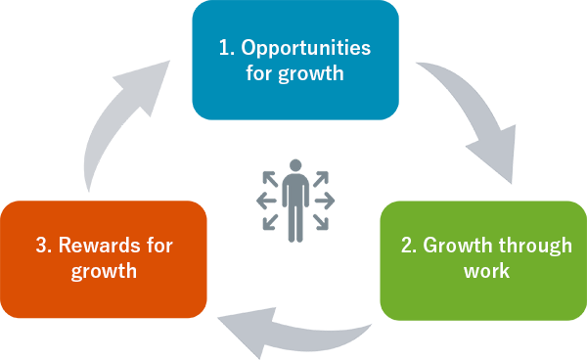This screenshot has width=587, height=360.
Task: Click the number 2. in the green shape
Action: point(409,245)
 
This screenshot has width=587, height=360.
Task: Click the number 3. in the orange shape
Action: point(43,245)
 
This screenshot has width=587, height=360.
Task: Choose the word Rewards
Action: point(103,245)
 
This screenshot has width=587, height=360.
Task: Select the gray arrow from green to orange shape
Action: point(293,330)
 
